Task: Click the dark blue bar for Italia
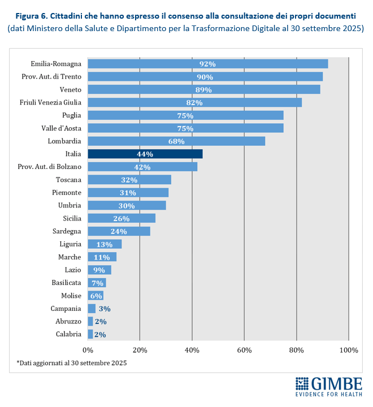(145, 154)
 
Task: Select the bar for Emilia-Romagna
(207, 64)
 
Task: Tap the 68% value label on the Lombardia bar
(176, 141)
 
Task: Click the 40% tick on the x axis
(192, 350)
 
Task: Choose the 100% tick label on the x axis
(348, 350)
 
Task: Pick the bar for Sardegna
(119, 231)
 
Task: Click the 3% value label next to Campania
(104, 309)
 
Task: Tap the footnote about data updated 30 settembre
(71, 362)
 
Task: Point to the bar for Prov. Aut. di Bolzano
(142, 167)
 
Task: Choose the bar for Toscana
(129, 180)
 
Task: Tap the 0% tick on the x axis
(88, 350)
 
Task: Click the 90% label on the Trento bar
(205, 77)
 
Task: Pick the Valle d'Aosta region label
(62, 128)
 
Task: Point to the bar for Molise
(96, 296)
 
